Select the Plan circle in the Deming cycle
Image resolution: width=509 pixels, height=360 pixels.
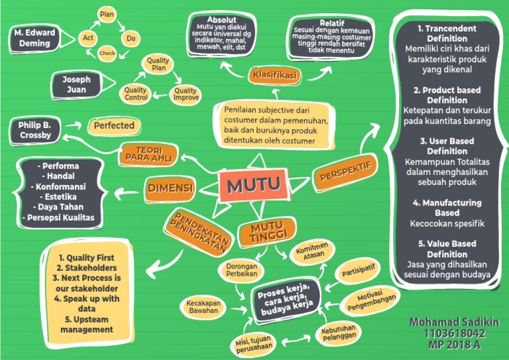click(106, 13)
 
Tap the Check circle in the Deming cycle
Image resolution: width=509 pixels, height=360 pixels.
click(107, 53)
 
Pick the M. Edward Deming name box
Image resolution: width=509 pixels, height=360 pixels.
click(34, 38)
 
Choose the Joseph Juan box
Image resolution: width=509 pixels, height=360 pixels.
click(76, 85)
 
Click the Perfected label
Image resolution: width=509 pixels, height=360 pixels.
click(113, 125)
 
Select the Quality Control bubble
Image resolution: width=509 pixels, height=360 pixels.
click(136, 94)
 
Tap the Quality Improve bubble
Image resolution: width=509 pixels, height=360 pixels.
click(186, 94)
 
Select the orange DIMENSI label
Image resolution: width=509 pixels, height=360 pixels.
click(170, 188)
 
